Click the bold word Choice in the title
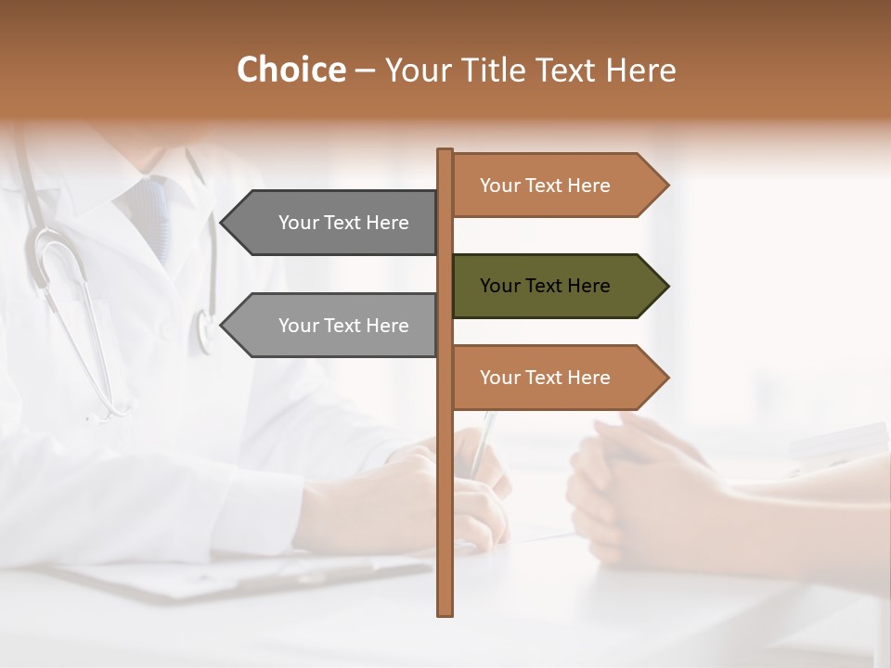[x=291, y=70]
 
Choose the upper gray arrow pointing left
[x=334, y=223]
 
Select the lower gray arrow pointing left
[x=334, y=326]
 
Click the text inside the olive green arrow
[x=545, y=286]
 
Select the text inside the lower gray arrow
[x=343, y=326]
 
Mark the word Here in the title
[x=640, y=70]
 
